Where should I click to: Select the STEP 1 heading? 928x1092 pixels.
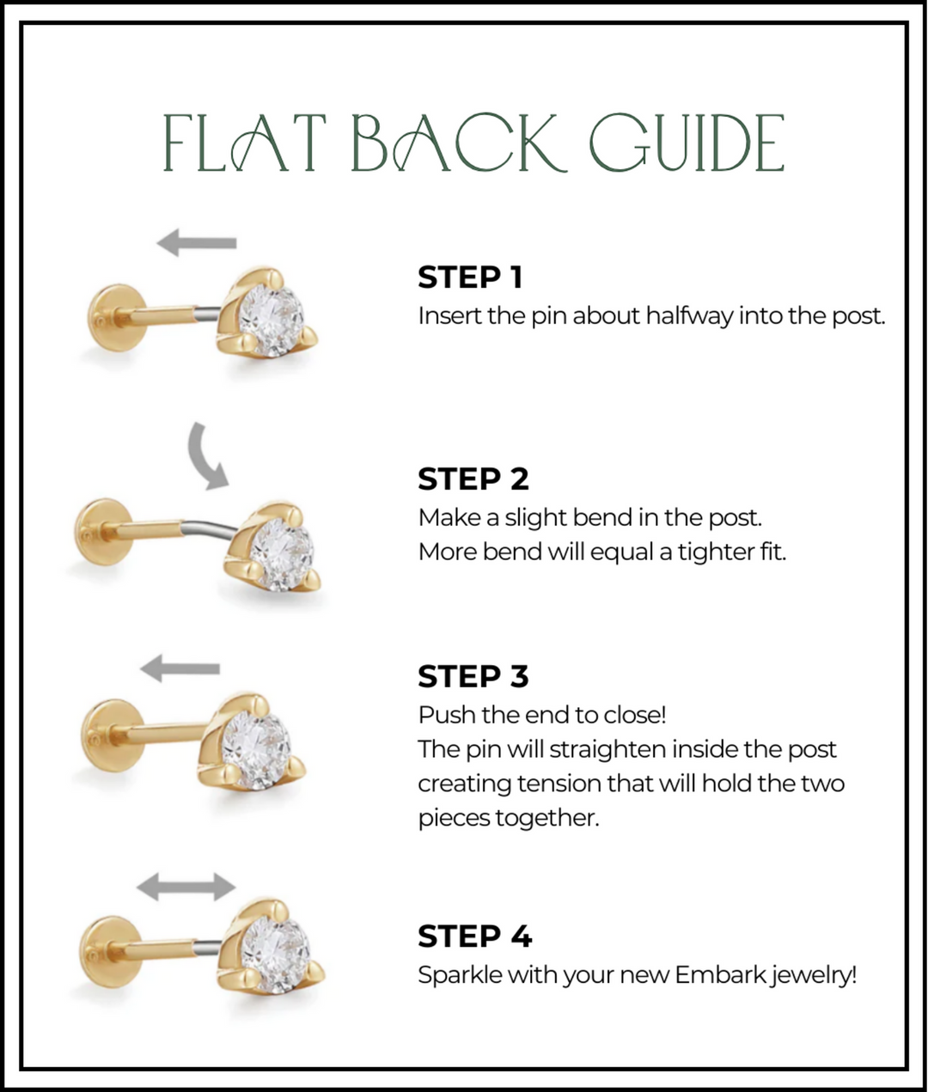(470, 278)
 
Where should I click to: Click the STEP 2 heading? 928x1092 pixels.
(473, 479)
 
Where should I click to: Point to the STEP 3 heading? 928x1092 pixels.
(473, 676)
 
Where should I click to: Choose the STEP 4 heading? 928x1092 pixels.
(474, 936)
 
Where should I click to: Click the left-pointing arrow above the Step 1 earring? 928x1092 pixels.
(197, 243)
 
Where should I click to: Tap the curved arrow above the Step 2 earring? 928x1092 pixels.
(207, 455)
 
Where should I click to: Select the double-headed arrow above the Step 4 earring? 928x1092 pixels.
(186, 886)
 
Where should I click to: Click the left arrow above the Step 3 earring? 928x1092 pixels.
(180, 668)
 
